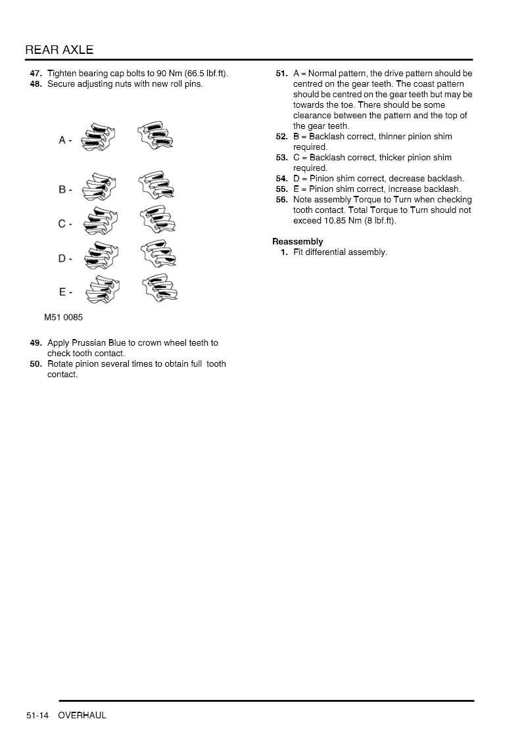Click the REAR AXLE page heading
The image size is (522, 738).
pos(59,50)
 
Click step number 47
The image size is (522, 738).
pos(36,74)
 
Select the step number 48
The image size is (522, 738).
pos(36,84)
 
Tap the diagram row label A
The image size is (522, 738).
pos(62,140)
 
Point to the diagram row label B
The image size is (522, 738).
pos(62,189)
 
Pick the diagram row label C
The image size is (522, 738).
pos(62,224)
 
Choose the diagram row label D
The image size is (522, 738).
pos(62,258)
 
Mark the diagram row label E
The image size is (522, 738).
pos(62,292)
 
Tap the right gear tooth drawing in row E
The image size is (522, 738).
pos(158,290)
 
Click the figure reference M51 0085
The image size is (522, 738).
pos(63,317)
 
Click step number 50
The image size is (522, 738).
pos(36,364)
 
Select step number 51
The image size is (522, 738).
pos(281,74)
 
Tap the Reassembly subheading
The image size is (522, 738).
pos(298,242)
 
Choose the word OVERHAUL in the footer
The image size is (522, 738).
pos(82,715)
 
